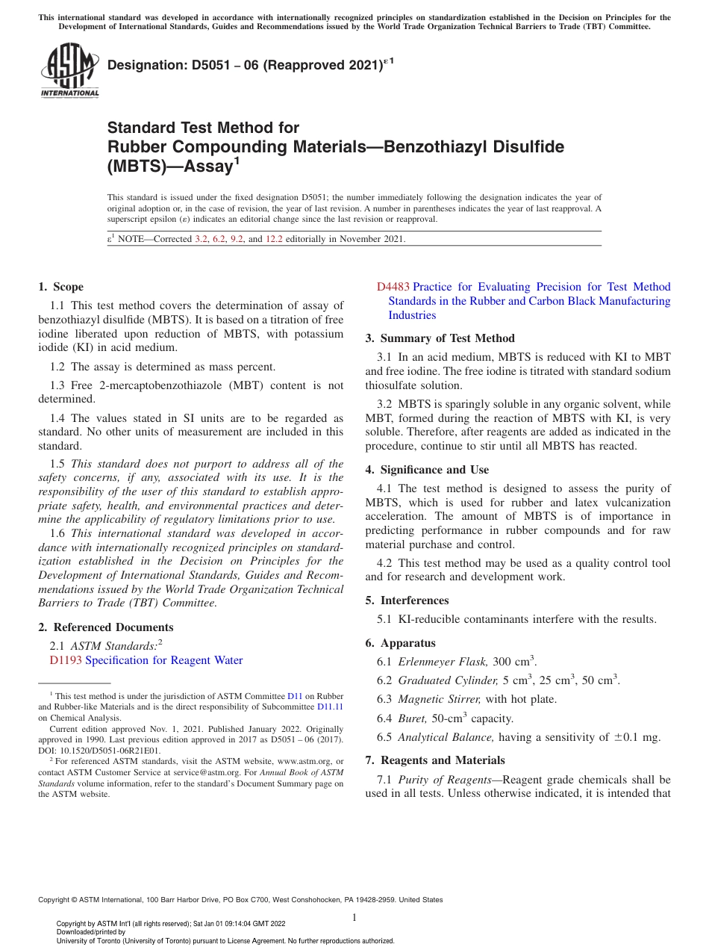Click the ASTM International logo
pos(69,71)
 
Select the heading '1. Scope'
pos(60,287)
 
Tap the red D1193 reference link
pos(66,660)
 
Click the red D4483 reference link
pos(393,287)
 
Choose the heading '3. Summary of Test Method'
pos(440,338)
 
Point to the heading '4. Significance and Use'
pos(427,470)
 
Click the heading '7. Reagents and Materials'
pos(435,760)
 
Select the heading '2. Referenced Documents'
pos(105,627)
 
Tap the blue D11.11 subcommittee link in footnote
pos(330,706)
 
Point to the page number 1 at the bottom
pos(354,918)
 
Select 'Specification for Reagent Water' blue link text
pos(164,660)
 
